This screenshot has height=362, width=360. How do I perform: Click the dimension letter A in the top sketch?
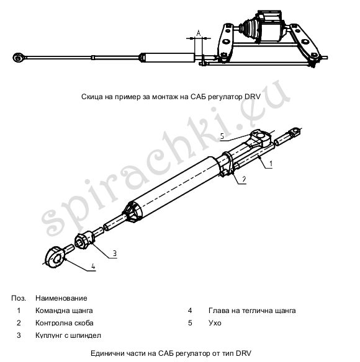tap(199, 33)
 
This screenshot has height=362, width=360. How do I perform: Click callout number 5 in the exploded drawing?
tap(222, 136)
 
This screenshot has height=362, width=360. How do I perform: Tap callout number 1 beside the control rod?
tap(271, 164)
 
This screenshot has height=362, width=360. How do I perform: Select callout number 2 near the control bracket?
tap(244, 179)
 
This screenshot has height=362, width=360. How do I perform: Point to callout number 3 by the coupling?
tap(115, 254)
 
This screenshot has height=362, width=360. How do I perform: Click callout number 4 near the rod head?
tap(93, 267)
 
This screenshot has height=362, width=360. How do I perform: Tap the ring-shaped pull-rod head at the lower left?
tap(55, 257)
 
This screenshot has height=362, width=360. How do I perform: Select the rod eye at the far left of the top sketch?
tap(18, 58)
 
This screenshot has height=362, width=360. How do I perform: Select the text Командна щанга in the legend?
tap(64, 311)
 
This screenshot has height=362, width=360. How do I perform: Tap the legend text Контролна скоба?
tap(65, 323)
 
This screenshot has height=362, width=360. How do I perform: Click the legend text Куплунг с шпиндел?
tap(68, 335)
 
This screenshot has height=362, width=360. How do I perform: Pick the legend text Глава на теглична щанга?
tap(252, 311)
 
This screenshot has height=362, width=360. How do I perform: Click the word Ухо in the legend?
tap(215, 323)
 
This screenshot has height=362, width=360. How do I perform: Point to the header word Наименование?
tap(61, 298)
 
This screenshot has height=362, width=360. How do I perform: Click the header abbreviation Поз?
tap(19, 298)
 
